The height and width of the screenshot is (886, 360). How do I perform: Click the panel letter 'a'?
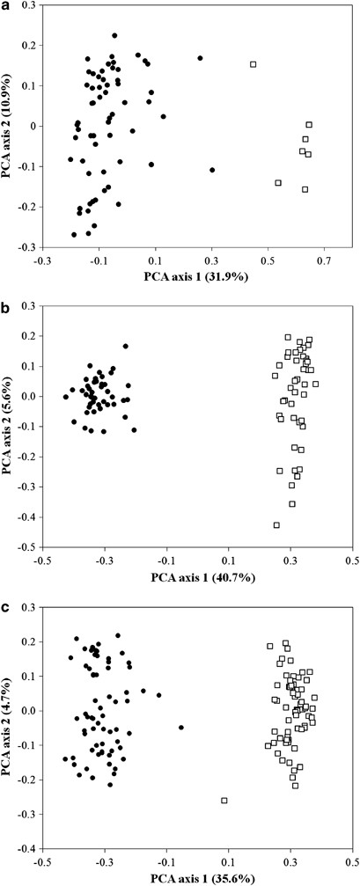5,6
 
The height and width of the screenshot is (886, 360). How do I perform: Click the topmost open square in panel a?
253,64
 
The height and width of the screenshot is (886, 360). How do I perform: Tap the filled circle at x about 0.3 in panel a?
212,170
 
